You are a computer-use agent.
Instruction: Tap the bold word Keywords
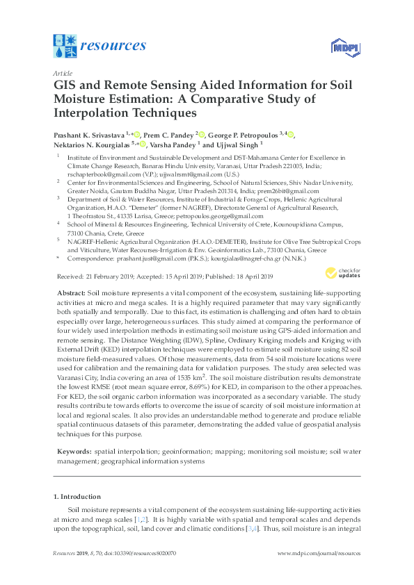click(x=74, y=452)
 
